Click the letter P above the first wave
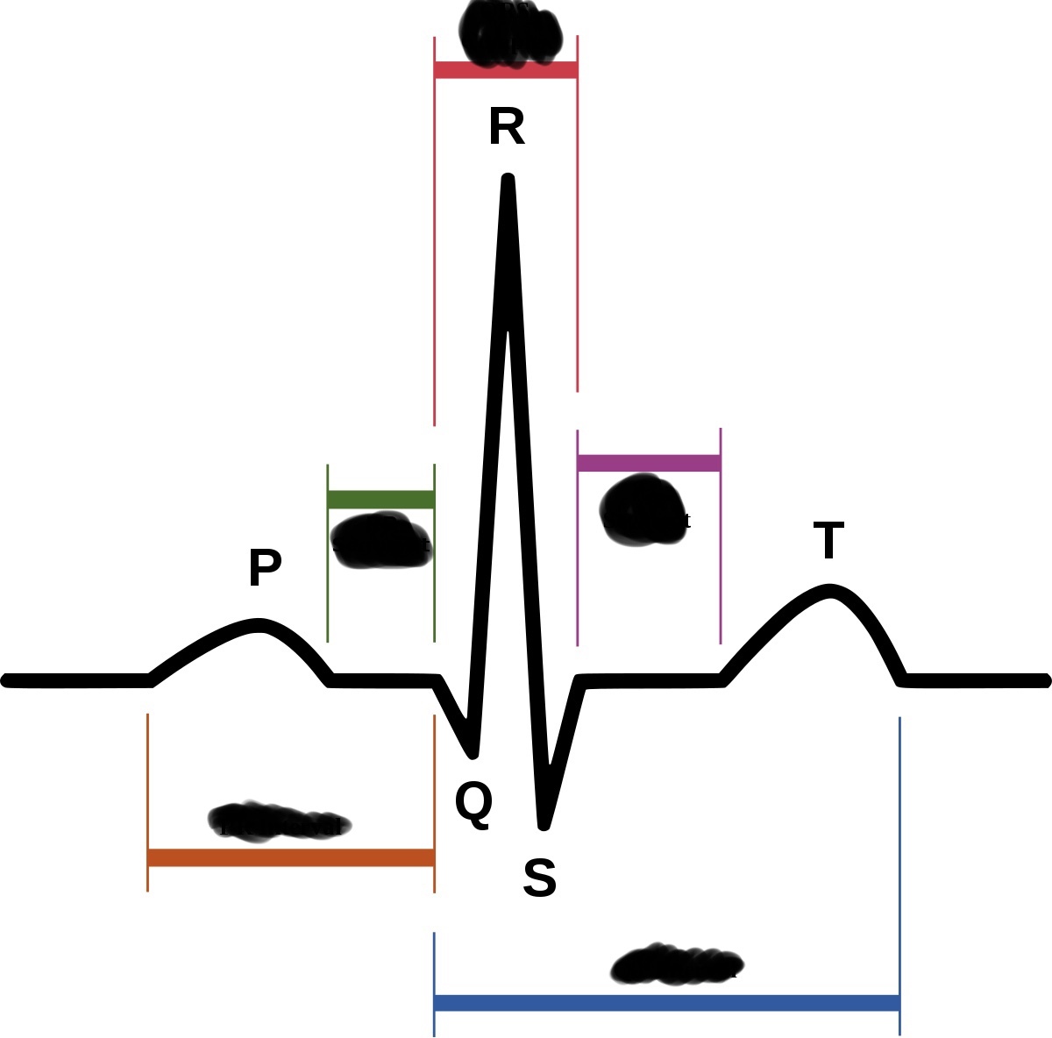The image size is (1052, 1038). coord(265,568)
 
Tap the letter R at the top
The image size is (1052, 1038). coord(507,128)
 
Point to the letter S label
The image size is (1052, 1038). coord(539,878)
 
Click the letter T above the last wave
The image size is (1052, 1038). coord(828,540)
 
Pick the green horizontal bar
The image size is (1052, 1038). coord(380,500)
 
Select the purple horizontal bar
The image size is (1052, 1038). coord(649,463)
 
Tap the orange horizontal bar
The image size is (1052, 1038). coord(290,857)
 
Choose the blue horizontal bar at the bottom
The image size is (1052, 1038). coord(666,1003)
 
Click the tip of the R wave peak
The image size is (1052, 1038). coord(508,180)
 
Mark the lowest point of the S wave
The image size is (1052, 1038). coord(544,824)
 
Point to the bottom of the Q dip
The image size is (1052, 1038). coord(474,752)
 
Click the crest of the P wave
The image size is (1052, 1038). coord(259,625)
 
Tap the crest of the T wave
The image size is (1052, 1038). coord(829,590)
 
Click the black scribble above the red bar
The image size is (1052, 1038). coord(510,32)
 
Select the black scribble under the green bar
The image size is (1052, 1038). coord(381,541)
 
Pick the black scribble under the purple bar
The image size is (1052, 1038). coord(643,511)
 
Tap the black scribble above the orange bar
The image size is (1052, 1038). coord(279,821)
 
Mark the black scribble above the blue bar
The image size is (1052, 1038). coord(676,964)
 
